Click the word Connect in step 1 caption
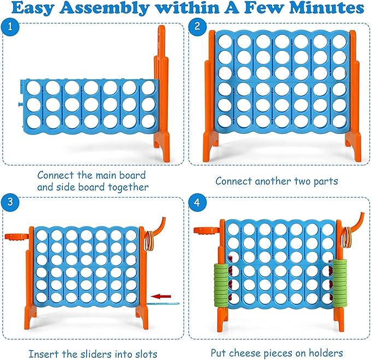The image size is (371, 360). click(56, 175)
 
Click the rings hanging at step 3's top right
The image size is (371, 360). click(149, 238)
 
